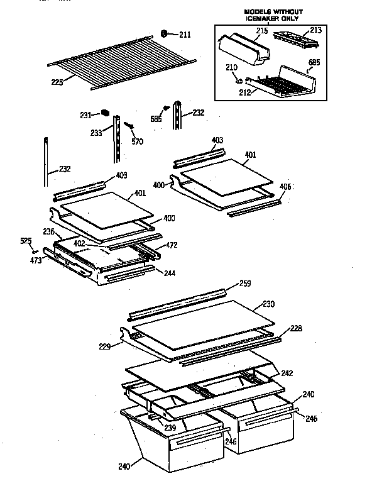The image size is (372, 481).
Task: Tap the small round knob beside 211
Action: pos(165,33)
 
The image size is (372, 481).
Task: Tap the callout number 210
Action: pos(232,67)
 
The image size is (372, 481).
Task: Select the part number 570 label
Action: pos(137,141)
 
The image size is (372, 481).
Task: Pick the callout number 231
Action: pos(86,115)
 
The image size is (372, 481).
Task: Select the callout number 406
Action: pos(285,187)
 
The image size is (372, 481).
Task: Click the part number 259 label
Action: pos(245,283)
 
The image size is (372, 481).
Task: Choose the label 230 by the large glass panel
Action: pos(268,305)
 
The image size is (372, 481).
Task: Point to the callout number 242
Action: pos(287,355)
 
